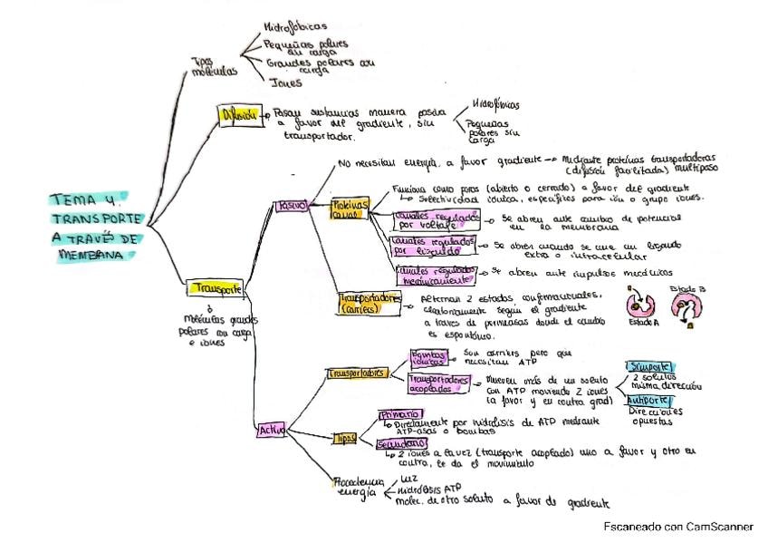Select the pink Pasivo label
tap(291, 206)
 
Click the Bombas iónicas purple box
tap(429, 356)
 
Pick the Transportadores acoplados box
tap(440, 383)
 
